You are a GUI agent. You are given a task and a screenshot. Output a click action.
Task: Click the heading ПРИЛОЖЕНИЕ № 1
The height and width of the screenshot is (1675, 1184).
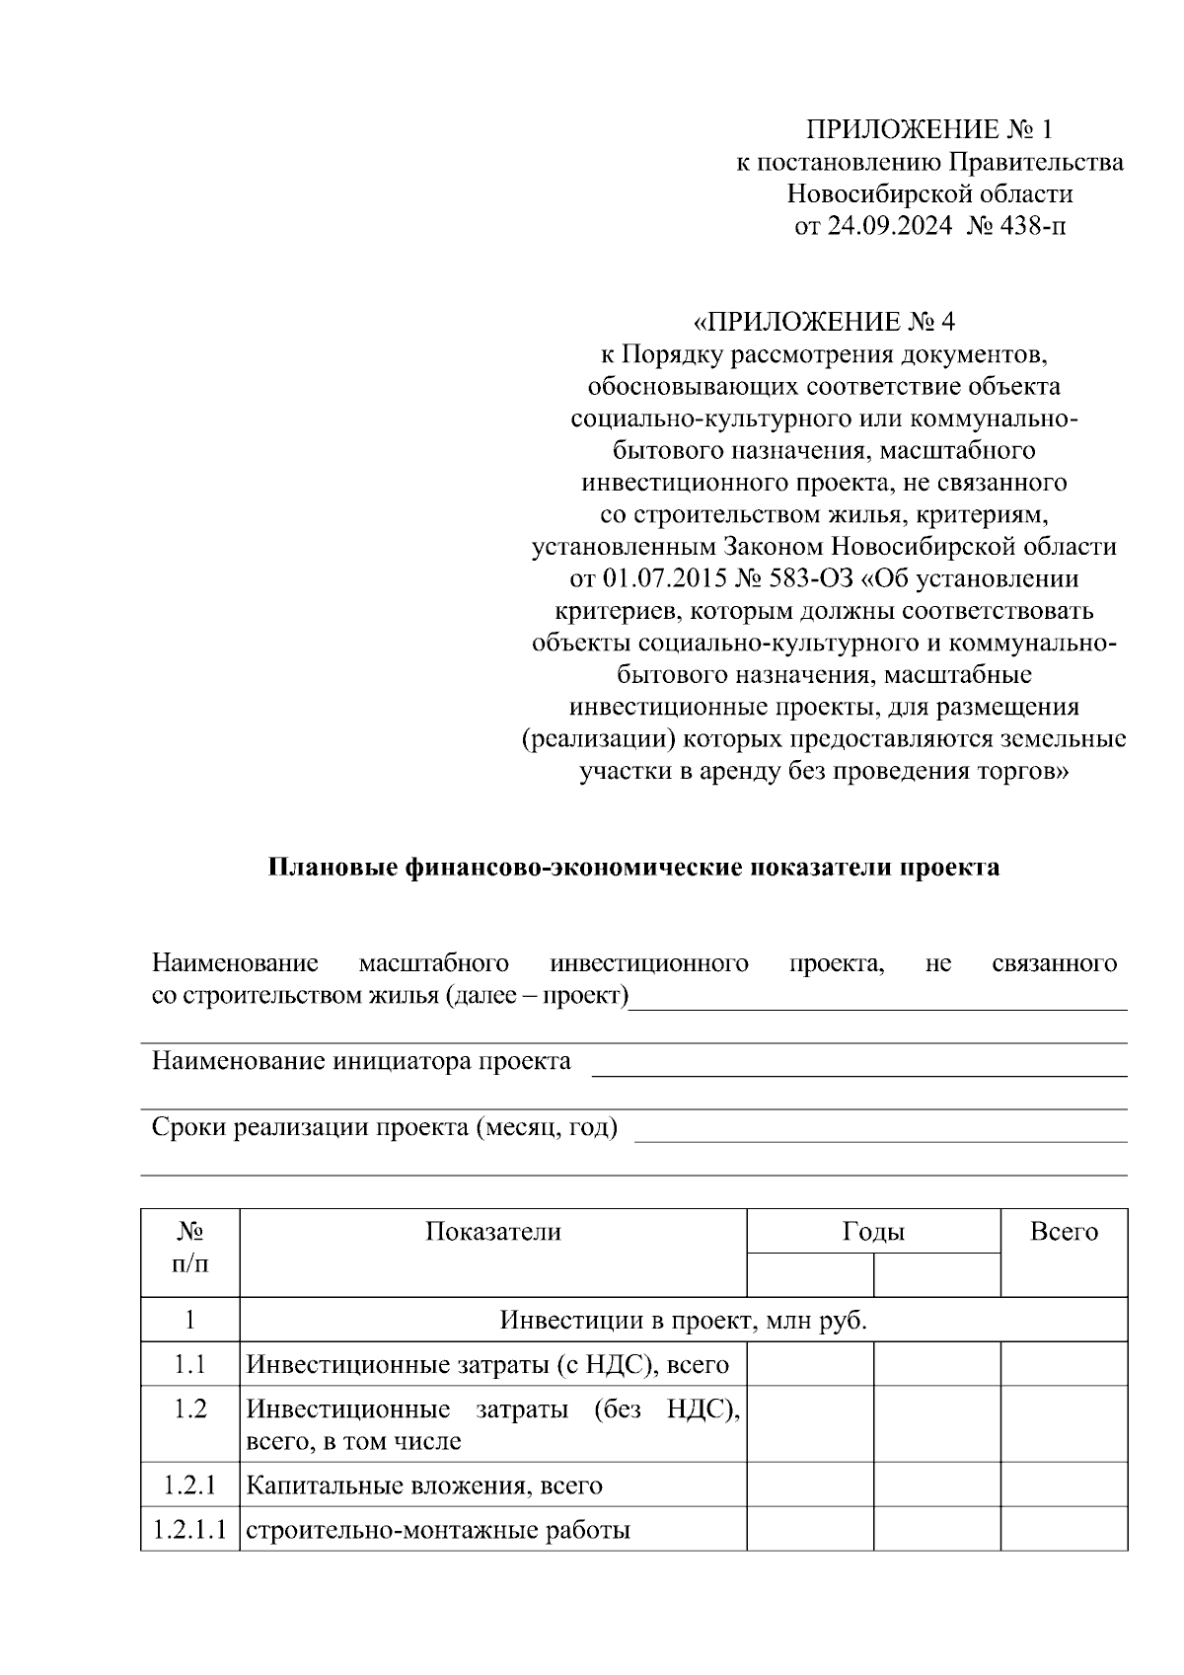pyautogui.click(x=929, y=129)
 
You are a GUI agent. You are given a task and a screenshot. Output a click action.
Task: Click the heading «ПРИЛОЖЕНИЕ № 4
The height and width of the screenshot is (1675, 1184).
pyautogui.click(x=825, y=322)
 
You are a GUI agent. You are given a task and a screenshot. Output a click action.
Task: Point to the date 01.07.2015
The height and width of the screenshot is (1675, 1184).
pyautogui.click(x=665, y=578)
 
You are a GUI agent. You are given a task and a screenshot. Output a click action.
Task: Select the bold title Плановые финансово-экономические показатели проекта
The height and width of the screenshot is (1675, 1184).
pyautogui.click(x=633, y=867)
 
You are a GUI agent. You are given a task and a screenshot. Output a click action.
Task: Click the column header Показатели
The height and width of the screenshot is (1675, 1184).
pyautogui.click(x=493, y=1231)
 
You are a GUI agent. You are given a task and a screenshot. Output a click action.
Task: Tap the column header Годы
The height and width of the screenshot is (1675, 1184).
pyautogui.click(x=873, y=1231)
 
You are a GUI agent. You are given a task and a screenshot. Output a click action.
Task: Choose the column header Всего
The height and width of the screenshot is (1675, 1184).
pyautogui.click(x=1064, y=1231)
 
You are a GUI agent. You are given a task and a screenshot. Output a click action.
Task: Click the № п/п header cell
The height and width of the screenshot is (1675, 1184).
pyautogui.click(x=190, y=1248)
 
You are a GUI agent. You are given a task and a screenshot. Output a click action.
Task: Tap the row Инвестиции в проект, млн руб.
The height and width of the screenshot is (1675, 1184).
pyautogui.click(x=683, y=1320)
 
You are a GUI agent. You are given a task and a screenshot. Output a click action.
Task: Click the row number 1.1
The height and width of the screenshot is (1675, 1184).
pyautogui.click(x=190, y=1364)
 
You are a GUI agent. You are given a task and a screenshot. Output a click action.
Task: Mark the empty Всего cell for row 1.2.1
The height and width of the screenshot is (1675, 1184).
pyautogui.click(x=1064, y=1485)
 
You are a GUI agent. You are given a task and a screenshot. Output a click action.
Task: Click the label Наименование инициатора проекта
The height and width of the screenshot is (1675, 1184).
pyautogui.click(x=361, y=1061)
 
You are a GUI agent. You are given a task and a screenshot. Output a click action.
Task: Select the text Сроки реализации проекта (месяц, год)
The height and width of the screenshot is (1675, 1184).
pyautogui.click(x=385, y=1127)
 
